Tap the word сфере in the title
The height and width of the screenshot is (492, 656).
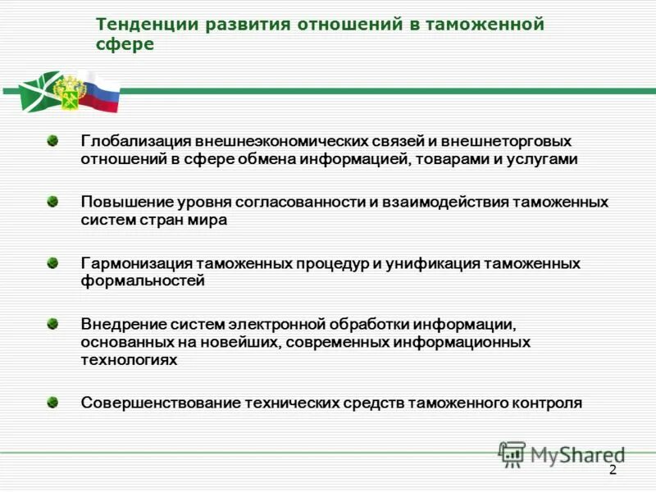125,45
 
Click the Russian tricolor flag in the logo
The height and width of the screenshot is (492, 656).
102,91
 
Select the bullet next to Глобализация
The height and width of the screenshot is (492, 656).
52,141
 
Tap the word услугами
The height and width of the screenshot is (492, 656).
547,159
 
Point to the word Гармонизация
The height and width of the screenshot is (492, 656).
136,263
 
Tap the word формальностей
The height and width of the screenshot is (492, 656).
143,281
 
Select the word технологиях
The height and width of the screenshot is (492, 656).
129,360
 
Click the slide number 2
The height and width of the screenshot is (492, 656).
612,470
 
